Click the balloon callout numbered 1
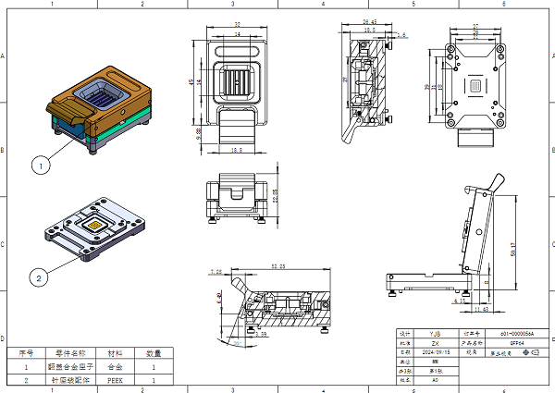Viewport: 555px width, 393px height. [x=40, y=166]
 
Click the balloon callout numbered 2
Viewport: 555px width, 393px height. [x=40, y=276]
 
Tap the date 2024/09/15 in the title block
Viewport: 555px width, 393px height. [x=436, y=352]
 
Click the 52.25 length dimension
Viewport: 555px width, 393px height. [x=277, y=266]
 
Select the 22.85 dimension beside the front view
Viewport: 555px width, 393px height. [x=275, y=199]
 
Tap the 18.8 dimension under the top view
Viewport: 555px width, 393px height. [x=236, y=150]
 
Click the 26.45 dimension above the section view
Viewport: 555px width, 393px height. [x=370, y=20]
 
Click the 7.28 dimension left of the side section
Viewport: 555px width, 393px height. [x=217, y=272]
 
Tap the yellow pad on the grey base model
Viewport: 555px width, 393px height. [x=93, y=225]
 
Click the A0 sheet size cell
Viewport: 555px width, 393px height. [x=436, y=380]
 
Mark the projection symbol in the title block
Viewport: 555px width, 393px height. [x=529, y=352]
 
